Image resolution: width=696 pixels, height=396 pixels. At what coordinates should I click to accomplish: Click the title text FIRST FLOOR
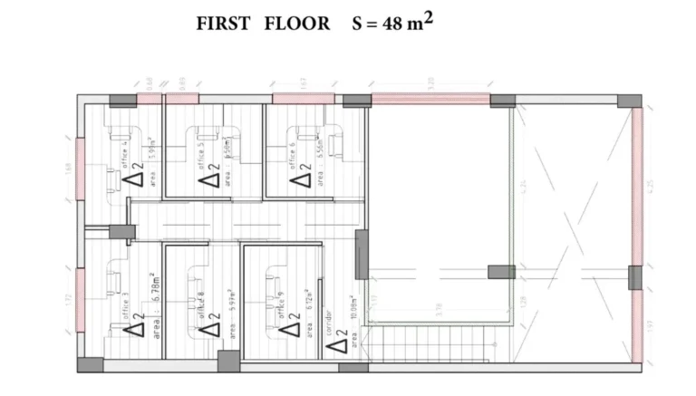coord(263,24)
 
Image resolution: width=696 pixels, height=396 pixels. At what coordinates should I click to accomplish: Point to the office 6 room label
coord(292,154)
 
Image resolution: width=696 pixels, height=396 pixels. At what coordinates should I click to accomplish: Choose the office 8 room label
coord(200,303)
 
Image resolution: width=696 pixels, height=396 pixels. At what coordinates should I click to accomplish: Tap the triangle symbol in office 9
coord(287,326)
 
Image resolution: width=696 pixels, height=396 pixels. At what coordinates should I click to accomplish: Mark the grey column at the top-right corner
coord(631,101)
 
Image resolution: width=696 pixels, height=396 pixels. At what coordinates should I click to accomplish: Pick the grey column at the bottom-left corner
coord(90,364)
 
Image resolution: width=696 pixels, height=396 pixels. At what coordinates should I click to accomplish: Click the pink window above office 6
coord(304,98)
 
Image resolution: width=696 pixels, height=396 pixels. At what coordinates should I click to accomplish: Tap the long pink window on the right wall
coord(638,186)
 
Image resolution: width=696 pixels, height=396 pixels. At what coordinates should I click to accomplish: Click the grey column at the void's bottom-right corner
coord(501,272)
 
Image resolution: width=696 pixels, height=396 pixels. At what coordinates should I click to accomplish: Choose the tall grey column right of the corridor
coord(362,254)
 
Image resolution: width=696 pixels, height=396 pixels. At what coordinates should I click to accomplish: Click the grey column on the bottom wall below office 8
coord(229,361)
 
